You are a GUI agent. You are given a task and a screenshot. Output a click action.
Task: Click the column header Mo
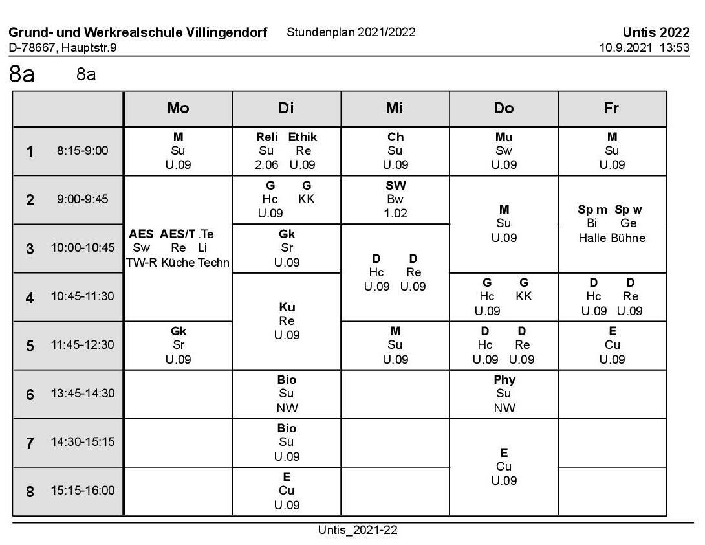[178, 108]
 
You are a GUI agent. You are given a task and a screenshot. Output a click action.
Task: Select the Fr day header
[611, 108]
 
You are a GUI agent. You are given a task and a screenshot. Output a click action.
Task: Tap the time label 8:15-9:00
[83, 151]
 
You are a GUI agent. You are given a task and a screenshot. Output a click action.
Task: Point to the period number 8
[30, 491]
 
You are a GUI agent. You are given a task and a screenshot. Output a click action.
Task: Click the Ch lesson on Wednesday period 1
[395, 137]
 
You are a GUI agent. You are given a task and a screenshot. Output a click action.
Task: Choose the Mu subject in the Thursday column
[504, 137]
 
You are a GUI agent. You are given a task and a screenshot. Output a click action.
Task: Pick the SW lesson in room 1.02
[395, 186]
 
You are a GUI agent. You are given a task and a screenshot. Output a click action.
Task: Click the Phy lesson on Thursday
[504, 380]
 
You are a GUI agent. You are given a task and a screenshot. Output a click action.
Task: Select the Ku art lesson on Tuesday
[287, 307]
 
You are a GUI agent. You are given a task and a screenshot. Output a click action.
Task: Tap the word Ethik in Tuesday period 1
[302, 137]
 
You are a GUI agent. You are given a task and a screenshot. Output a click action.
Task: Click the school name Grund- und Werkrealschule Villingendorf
[138, 32]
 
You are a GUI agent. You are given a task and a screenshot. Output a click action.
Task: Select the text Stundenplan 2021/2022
[351, 32]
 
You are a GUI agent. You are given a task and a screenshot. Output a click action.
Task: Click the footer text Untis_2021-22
[358, 530]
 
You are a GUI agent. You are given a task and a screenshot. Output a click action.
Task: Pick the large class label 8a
[21, 74]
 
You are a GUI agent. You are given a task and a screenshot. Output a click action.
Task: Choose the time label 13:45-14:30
[83, 394]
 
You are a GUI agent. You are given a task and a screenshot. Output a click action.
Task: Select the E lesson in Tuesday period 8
[287, 477]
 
